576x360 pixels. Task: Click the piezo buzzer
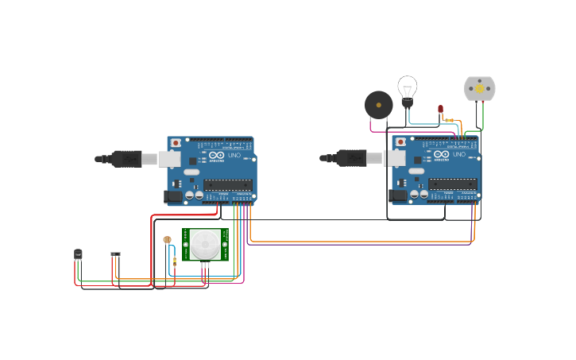tap(378, 105)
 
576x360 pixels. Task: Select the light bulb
tap(407, 89)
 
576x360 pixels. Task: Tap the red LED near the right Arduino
tap(440, 109)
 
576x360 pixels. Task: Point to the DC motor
tap(479, 88)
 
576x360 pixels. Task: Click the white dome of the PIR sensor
tap(205, 243)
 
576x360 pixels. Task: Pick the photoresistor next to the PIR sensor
tap(167, 239)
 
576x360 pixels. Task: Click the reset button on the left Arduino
tap(176, 143)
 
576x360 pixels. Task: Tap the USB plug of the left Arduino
tap(127, 159)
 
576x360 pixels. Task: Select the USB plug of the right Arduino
tap(352, 158)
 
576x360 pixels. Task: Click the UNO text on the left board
tap(235, 156)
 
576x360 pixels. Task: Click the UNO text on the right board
tap(460, 155)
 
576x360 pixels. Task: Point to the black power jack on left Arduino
tap(172, 195)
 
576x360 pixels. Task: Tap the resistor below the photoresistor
tap(174, 261)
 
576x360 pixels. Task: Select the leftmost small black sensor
tap(78, 254)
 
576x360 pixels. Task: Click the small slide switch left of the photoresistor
tap(115, 254)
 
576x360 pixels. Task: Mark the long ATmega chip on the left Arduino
tap(228, 184)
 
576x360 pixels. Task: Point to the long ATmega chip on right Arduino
tap(453, 184)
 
